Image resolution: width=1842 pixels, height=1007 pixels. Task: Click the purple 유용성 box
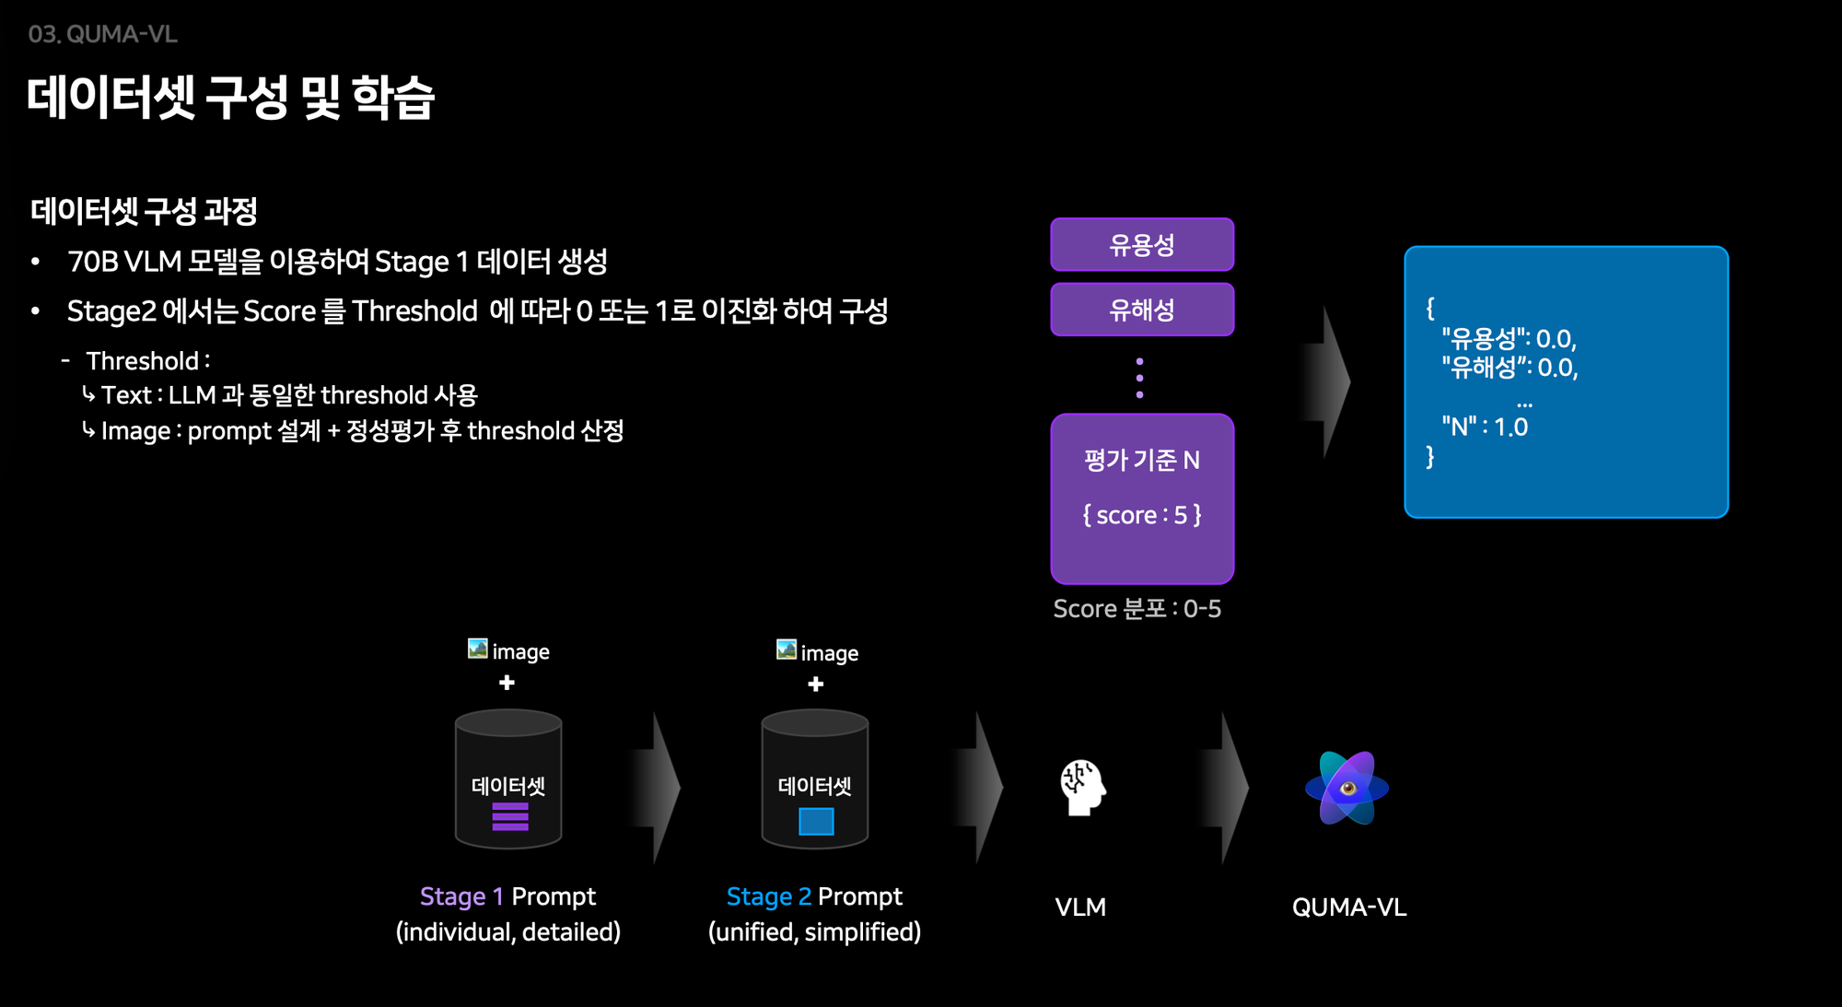click(x=1141, y=245)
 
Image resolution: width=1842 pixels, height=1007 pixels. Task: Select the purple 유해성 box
click(x=1141, y=310)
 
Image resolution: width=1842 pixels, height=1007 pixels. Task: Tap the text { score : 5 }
click(x=1141, y=515)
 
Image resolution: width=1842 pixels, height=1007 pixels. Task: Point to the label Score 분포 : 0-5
click(x=1137, y=609)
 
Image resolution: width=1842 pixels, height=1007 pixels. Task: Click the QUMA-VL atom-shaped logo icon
click(x=1347, y=789)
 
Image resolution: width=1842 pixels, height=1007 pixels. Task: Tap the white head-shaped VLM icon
click(x=1082, y=788)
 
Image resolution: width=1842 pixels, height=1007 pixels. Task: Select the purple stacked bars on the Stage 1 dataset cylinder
click(x=509, y=816)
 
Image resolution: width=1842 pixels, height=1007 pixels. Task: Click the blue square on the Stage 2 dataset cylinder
click(x=815, y=821)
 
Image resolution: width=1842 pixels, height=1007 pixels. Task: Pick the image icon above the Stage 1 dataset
click(x=477, y=650)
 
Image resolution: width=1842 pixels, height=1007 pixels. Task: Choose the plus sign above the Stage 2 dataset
click(x=815, y=685)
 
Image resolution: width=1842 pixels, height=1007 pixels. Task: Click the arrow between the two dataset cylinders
click(x=657, y=788)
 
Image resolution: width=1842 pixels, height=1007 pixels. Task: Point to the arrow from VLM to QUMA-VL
click(x=1226, y=788)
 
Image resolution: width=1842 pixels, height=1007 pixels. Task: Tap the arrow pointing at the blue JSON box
click(x=1327, y=381)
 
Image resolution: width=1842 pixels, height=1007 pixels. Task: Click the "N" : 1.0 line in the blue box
click(x=1484, y=427)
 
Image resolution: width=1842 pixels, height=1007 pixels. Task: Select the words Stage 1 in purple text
click(x=460, y=896)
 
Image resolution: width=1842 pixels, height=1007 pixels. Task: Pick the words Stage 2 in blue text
click(x=768, y=896)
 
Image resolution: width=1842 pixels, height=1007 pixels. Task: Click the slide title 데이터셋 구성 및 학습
click(x=230, y=98)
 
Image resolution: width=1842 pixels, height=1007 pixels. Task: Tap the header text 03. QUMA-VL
click(x=102, y=34)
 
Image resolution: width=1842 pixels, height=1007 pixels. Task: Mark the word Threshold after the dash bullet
click(x=143, y=361)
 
